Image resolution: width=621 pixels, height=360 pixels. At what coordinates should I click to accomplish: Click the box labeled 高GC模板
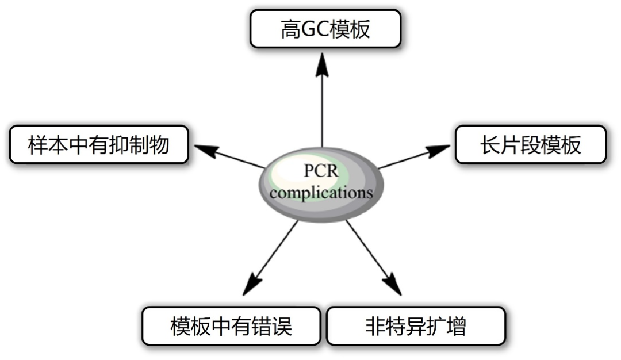pyautogui.click(x=325, y=29)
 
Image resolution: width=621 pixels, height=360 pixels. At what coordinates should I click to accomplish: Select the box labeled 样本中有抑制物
pyautogui.click(x=99, y=145)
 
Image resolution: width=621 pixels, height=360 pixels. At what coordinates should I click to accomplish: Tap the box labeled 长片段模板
pyautogui.click(x=530, y=145)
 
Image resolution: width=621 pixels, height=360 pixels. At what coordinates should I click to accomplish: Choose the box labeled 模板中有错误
pyautogui.click(x=231, y=326)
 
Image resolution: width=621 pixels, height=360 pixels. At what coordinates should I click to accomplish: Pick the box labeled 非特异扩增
pyautogui.click(x=416, y=326)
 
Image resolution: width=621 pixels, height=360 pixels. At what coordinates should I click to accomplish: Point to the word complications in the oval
pyautogui.click(x=321, y=192)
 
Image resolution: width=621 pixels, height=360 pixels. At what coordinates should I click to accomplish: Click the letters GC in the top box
pyautogui.click(x=317, y=29)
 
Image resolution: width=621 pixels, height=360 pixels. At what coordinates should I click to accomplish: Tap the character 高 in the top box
pyautogui.click(x=290, y=29)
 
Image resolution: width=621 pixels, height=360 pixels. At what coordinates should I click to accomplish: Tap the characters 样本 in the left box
pyautogui.click(x=47, y=145)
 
